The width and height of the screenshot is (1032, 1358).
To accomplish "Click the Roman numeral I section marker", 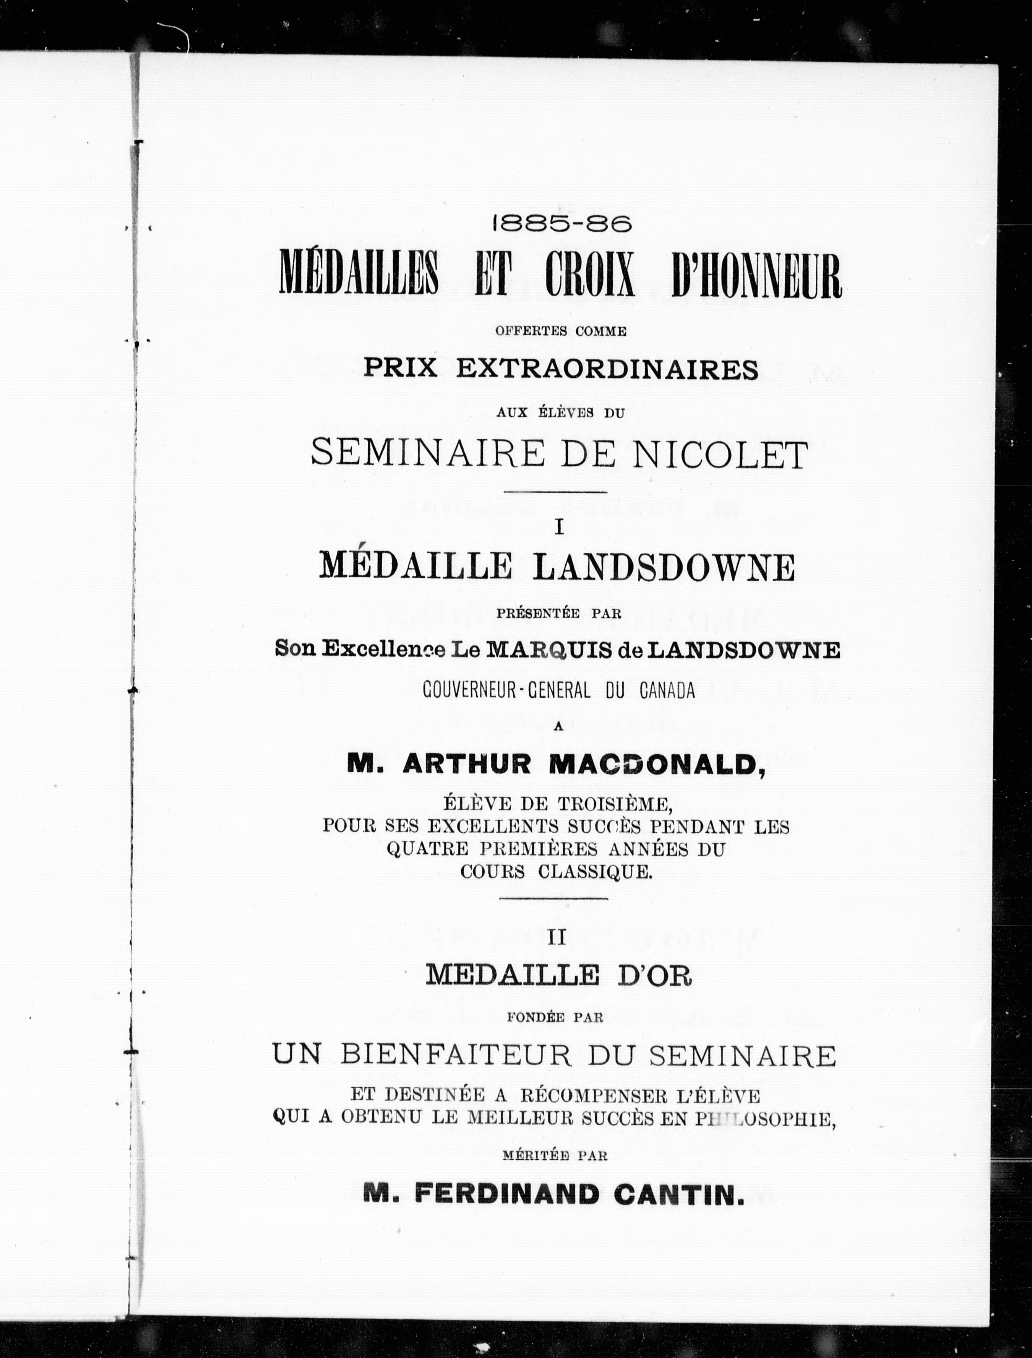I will pyautogui.click(x=558, y=528).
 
